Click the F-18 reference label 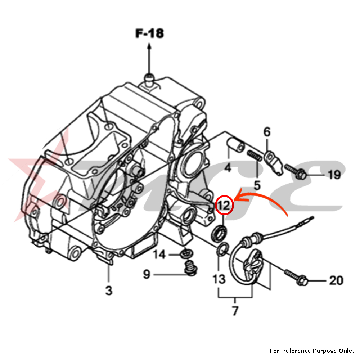[149, 33]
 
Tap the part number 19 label [334, 175]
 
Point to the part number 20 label [336, 280]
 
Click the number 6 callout [267, 132]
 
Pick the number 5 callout [257, 185]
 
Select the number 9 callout [146, 275]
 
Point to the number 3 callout [109, 290]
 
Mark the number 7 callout [235, 310]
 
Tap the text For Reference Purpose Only [311, 351]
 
